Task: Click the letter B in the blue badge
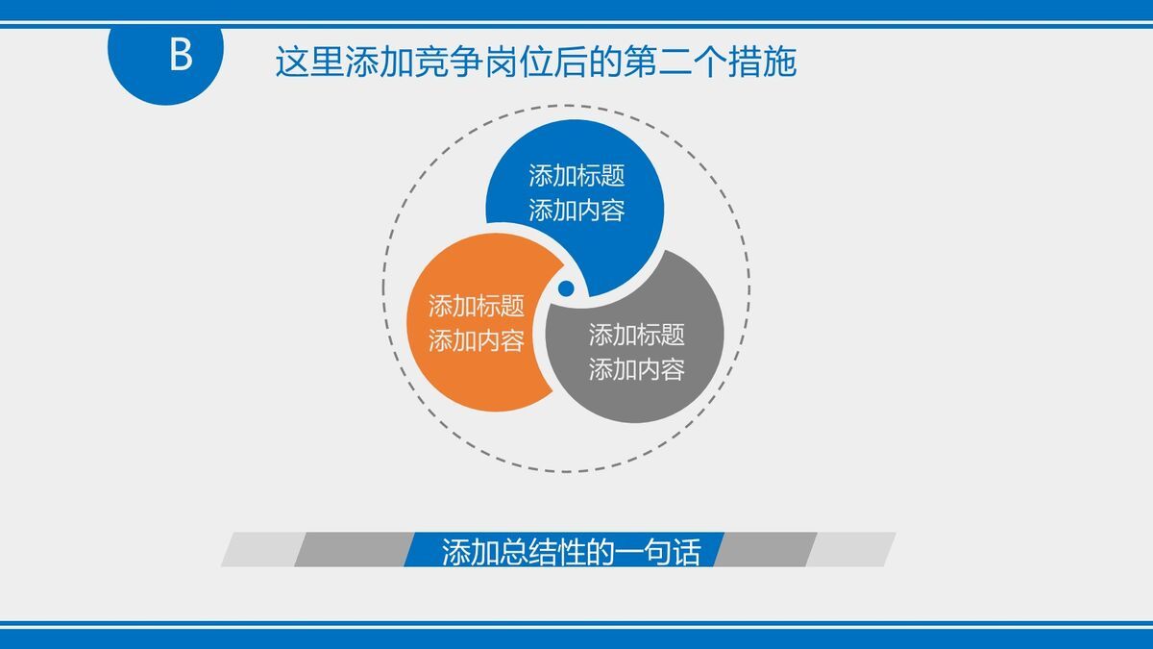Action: (181, 56)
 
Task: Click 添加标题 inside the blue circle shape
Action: (576, 176)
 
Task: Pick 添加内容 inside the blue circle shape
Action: (576, 211)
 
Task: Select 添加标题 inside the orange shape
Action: (477, 307)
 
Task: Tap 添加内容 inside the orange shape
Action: (477, 341)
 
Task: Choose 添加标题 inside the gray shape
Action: (636, 335)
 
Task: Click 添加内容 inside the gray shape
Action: (636, 369)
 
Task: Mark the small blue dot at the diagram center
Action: (566, 288)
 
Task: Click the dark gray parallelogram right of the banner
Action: (764, 550)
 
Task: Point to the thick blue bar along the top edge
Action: (576, 9)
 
